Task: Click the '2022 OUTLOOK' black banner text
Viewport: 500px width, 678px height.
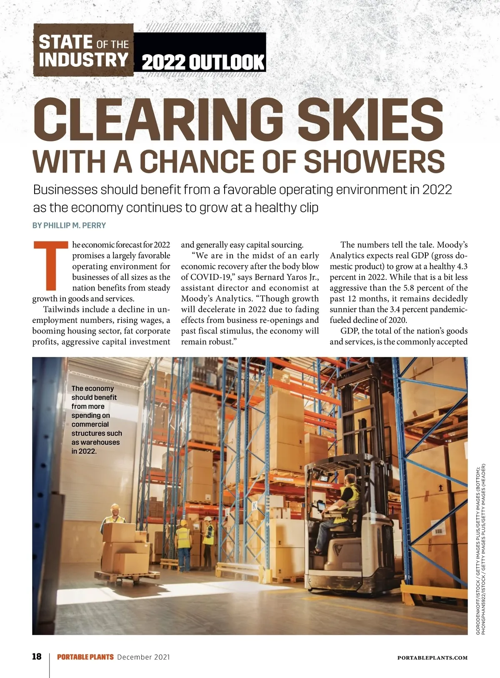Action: [203, 63]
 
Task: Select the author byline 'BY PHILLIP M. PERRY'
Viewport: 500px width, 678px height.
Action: [69, 226]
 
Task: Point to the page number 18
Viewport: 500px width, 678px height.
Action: [37, 657]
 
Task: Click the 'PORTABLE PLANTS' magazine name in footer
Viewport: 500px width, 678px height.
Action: [85, 657]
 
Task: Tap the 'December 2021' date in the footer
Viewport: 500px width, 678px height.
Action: [144, 657]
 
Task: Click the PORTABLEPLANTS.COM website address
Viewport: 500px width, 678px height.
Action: [432, 658]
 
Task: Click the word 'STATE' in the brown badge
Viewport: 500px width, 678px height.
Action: [65, 43]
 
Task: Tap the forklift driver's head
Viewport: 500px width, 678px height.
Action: [351, 479]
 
